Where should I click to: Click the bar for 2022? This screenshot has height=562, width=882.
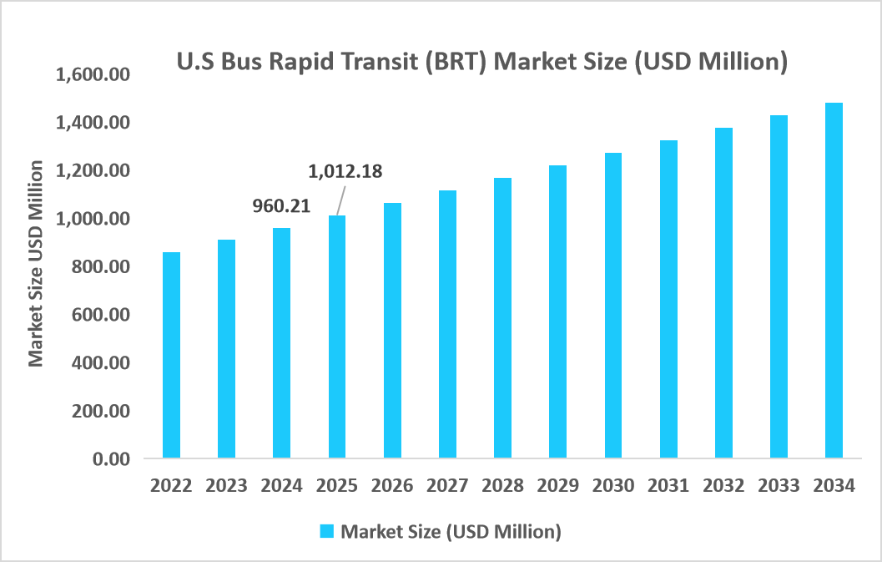coord(171,355)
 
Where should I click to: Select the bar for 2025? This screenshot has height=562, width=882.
coord(337,337)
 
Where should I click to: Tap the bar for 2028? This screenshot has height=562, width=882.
coord(502,318)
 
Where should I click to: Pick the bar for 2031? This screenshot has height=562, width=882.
coord(668,300)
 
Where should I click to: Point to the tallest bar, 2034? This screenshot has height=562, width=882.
coord(834,281)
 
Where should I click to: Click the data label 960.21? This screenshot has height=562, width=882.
coord(282,205)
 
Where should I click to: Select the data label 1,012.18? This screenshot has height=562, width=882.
coord(345,172)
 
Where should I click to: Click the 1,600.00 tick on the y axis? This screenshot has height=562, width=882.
coord(93,75)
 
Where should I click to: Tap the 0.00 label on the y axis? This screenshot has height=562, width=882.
coord(112,459)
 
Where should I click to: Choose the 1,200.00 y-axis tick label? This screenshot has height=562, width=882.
coord(93,171)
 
